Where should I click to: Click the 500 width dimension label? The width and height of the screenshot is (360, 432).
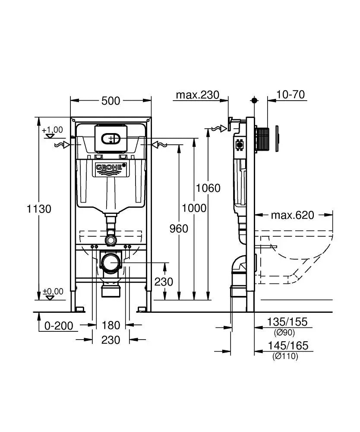pyautogui.click(x=111, y=101)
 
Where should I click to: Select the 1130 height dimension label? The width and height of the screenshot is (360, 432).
pyautogui.click(x=39, y=209)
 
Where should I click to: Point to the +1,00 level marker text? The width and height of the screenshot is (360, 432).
pyautogui.click(x=52, y=130)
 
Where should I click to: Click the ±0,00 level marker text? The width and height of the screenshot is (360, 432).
pyautogui.click(x=52, y=291)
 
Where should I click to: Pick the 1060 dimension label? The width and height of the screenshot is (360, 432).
pyautogui.click(x=208, y=188)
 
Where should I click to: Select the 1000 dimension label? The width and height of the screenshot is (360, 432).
pyautogui.click(x=194, y=208)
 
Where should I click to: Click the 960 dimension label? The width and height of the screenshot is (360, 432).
pyautogui.click(x=179, y=228)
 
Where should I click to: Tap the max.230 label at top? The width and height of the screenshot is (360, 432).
pyautogui.click(x=197, y=95)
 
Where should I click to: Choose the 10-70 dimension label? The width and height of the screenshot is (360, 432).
pyautogui.click(x=290, y=95)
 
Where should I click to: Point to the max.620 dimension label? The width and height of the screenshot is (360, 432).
pyautogui.click(x=293, y=215)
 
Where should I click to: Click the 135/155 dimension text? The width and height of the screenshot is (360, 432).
pyautogui.click(x=287, y=321)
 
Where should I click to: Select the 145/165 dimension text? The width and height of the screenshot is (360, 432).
pyautogui.click(x=287, y=346)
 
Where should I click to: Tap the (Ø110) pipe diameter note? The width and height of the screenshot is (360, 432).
pyautogui.click(x=285, y=356)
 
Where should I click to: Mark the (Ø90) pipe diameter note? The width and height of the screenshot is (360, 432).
pyautogui.click(x=284, y=332)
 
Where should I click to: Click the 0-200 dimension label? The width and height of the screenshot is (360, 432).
pyautogui.click(x=59, y=326)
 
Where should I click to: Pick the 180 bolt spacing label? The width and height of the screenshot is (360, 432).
pyautogui.click(x=111, y=325)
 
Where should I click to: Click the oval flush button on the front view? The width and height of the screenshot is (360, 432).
pyautogui.click(x=111, y=139)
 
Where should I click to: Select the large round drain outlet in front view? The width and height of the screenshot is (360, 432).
pyautogui.click(x=111, y=262)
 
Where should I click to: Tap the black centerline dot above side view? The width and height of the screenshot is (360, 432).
pyautogui.click(x=254, y=100)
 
